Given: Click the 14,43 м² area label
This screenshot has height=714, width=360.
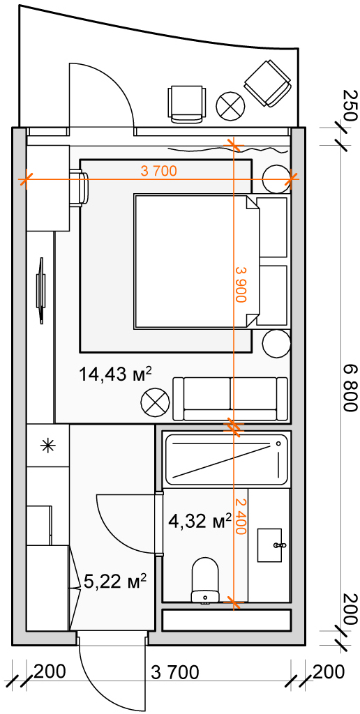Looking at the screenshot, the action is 115,375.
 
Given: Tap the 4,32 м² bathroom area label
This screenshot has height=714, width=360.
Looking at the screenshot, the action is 200,520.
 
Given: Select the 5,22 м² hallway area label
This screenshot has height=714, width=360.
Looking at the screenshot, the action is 116,581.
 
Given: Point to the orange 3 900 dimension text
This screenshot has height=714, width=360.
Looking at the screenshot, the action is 240,284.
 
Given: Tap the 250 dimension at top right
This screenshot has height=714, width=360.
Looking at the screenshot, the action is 350,105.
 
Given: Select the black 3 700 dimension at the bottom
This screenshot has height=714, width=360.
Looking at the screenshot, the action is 175,672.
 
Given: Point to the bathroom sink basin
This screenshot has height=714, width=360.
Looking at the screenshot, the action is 273,545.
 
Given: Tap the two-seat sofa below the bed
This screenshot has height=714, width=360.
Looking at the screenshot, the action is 231,399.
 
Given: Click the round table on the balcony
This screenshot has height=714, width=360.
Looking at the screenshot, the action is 231,105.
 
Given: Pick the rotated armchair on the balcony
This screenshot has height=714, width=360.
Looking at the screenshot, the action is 267,84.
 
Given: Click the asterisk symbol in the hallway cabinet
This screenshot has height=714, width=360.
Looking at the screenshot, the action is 47,446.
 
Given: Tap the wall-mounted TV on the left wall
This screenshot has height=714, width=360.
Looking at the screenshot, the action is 41,291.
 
